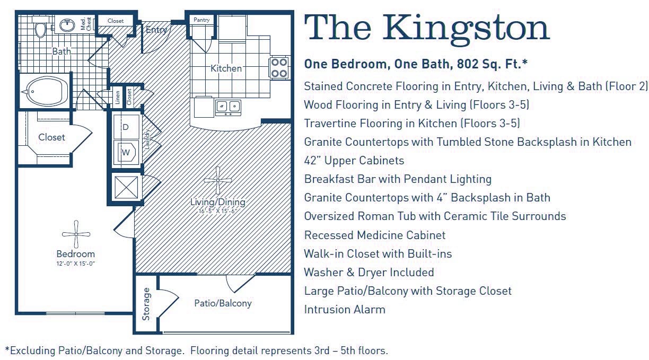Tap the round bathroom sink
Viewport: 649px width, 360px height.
point(67,24)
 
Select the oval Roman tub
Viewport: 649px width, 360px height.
point(46,91)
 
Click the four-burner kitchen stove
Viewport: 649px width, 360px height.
point(279,67)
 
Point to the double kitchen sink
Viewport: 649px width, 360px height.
point(228,107)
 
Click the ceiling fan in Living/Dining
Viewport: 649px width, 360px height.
point(218,181)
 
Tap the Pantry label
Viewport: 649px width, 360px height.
point(201,20)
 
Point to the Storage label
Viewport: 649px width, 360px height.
point(146,304)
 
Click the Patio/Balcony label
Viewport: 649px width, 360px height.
point(223,303)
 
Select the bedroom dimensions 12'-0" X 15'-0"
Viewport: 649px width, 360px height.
point(75,264)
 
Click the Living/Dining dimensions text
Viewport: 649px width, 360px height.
point(217,211)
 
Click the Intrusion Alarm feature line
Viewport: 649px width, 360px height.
point(345,309)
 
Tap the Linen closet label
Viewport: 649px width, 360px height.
point(117,98)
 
